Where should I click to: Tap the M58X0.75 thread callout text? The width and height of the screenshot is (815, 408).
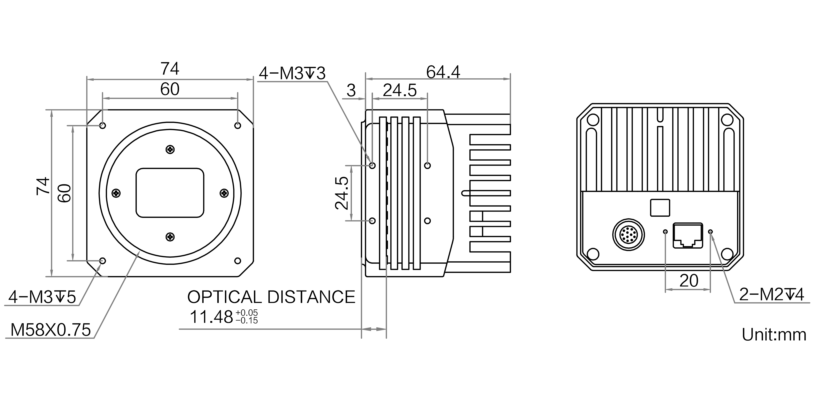(51, 330)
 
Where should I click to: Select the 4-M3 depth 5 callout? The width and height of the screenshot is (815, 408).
(42, 297)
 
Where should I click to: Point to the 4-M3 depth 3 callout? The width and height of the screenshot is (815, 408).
(292, 73)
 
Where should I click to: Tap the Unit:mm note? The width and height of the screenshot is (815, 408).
(774, 335)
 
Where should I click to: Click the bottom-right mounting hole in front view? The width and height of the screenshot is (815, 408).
(238, 261)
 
